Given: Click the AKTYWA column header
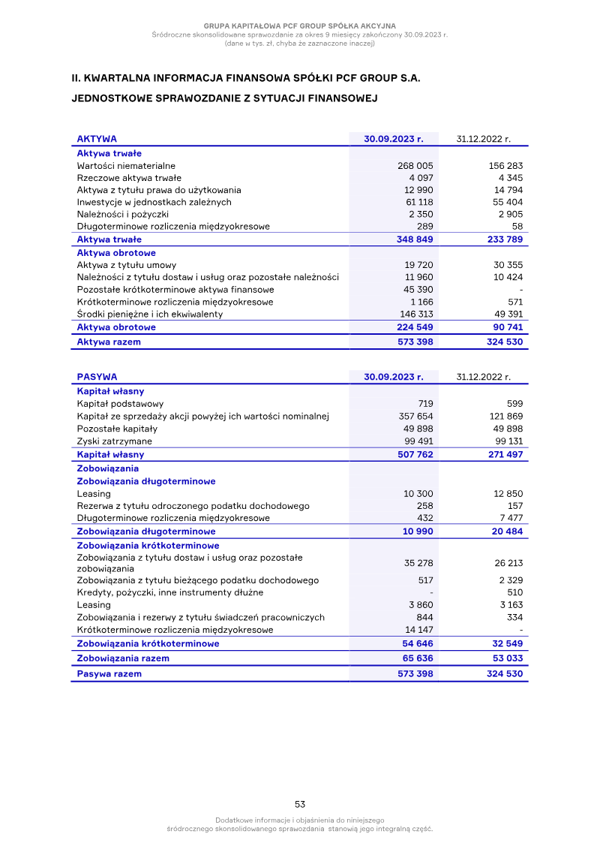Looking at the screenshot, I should (97, 139).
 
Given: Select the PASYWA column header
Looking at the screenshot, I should (97, 377).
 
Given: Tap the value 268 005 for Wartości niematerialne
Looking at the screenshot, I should (415, 166).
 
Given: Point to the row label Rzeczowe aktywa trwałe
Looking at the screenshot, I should (129, 178).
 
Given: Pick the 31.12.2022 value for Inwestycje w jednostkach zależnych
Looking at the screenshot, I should (505, 203).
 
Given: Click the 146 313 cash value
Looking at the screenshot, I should (415, 315).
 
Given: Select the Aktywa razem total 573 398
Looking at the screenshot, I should (415, 342).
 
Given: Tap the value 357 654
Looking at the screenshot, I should (415, 417).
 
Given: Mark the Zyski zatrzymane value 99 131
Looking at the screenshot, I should (505, 441).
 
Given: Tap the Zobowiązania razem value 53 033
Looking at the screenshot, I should (505, 658).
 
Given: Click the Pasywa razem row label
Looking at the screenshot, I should (109, 674).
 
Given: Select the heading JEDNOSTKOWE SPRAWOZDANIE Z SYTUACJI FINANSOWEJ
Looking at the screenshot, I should (223, 98).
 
